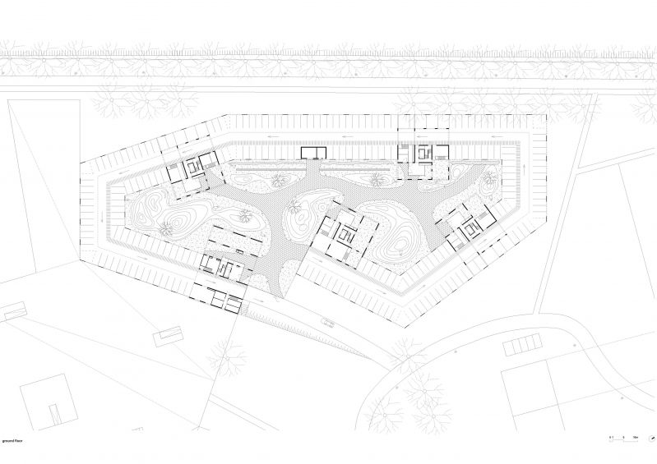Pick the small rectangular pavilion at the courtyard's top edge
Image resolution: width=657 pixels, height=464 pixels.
313,152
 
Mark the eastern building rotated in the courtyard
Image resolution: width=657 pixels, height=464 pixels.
470,230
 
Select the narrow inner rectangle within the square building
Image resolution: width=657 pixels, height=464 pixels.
53,413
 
